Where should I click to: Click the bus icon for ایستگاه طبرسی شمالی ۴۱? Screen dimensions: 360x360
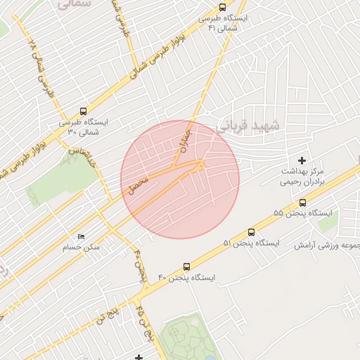click(x=223, y=7)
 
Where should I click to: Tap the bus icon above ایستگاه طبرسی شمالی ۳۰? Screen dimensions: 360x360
click(x=84, y=111)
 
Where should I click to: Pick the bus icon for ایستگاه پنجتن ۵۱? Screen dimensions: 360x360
click(x=251, y=233)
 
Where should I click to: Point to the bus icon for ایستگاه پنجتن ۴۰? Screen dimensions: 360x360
click(x=186, y=266)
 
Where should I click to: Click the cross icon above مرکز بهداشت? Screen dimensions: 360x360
click(x=303, y=161)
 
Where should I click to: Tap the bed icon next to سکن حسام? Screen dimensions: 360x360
click(x=82, y=237)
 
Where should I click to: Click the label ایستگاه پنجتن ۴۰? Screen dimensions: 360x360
click(x=186, y=277)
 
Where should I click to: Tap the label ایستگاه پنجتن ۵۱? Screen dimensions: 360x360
click(x=251, y=243)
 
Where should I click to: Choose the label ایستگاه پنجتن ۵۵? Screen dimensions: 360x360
click(x=298, y=212)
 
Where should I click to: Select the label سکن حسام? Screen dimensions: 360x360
click(x=82, y=247)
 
